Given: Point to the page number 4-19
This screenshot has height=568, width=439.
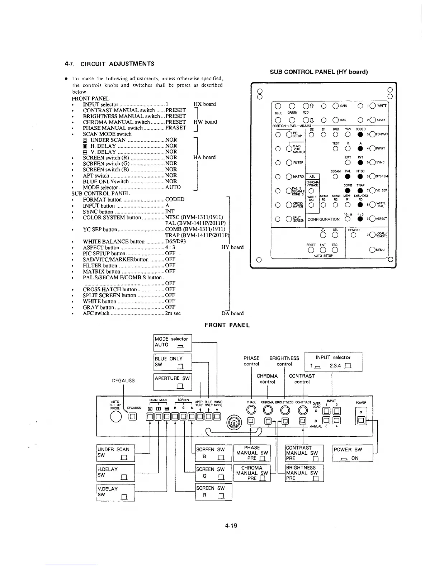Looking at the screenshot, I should pyautogui.click(x=232, y=526).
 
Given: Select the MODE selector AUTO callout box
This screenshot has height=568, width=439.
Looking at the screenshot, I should pyautogui.click(x=173, y=342).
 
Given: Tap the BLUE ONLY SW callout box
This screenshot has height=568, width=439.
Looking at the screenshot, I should pyautogui.click(x=173, y=362).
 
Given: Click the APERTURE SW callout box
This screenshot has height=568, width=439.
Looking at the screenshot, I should pyautogui.click(x=173, y=382).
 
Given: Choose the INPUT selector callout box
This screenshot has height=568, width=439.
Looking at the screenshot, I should pyautogui.click(x=333, y=362).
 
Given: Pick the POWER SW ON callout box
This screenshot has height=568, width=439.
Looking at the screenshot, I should pyautogui.click(x=353, y=454).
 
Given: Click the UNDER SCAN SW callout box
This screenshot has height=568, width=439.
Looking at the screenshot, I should pyautogui.click(x=116, y=453).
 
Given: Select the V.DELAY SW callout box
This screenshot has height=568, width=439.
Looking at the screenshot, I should pyautogui.click(x=116, y=492).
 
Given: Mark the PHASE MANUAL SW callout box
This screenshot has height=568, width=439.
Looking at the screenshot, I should pyautogui.click(x=252, y=453).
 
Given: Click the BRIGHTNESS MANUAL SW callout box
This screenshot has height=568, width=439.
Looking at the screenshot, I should pyautogui.click(x=304, y=473).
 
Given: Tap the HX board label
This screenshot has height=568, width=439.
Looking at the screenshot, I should pyautogui.click(x=204, y=104).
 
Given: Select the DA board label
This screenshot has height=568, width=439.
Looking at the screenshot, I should pyautogui.click(x=232, y=313).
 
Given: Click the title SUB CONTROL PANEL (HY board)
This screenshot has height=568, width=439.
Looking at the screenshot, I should pyautogui.click(x=319, y=72).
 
